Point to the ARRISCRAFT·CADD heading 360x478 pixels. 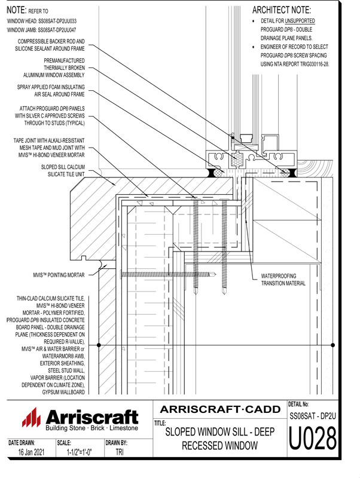click(219, 409)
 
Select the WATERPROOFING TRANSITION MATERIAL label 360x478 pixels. click(283, 280)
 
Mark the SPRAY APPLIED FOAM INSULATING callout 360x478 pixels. click(51, 87)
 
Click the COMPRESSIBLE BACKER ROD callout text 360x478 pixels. click(51, 42)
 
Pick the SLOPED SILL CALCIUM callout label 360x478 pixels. click(63, 167)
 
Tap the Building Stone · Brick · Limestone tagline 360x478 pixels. click(91, 428)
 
